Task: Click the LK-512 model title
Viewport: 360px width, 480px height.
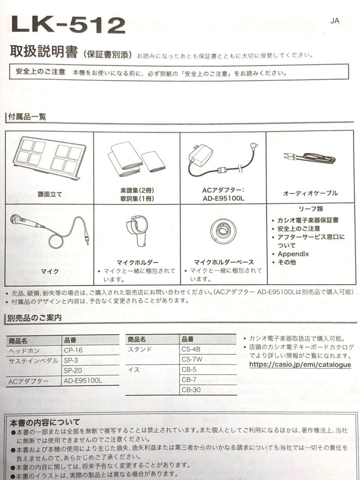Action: (x=68, y=25)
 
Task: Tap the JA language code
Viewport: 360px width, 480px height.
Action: (x=335, y=21)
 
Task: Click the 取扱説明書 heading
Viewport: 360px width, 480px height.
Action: (x=44, y=52)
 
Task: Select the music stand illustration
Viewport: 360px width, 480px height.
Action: (x=48, y=158)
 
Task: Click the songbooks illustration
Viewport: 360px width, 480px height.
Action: (x=136, y=159)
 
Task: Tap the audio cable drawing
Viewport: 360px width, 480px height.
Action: (x=310, y=158)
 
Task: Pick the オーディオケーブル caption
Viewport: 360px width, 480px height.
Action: (x=310, y=193)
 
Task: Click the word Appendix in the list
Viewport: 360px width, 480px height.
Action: (x=293, y=254)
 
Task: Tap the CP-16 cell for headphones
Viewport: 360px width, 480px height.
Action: (x=73, y=350)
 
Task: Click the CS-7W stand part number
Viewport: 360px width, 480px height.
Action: (x=192, y=359)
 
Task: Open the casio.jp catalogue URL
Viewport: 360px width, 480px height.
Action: (x=300, y=365)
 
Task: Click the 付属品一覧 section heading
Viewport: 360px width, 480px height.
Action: (x=27, y=117)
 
